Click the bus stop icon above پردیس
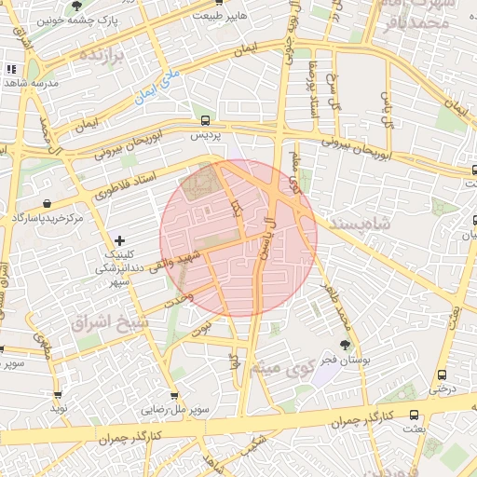205,120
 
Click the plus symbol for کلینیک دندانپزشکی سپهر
119,240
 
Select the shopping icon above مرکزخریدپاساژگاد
48,203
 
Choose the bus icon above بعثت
414,416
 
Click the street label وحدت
178,299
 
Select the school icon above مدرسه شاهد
12,69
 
